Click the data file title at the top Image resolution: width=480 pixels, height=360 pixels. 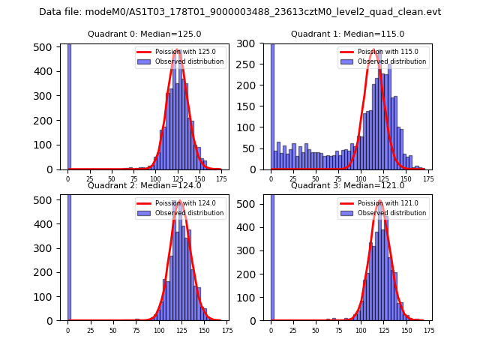point(240,12)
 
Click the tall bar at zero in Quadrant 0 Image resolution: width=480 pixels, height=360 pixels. point(69,105)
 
